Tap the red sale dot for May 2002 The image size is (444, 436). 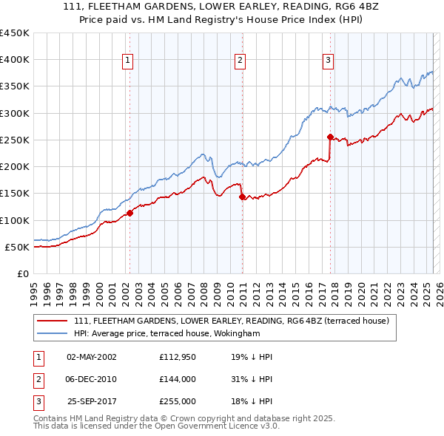129,213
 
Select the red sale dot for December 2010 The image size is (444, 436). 242,197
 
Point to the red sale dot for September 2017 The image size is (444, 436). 330,137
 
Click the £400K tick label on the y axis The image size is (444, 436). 15,60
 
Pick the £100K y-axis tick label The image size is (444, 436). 15,220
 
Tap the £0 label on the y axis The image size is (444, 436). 23,273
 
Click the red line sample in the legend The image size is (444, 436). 53,321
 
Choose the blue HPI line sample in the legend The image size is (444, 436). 53,334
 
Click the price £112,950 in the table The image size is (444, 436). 177,356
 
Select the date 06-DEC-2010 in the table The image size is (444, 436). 92,379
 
